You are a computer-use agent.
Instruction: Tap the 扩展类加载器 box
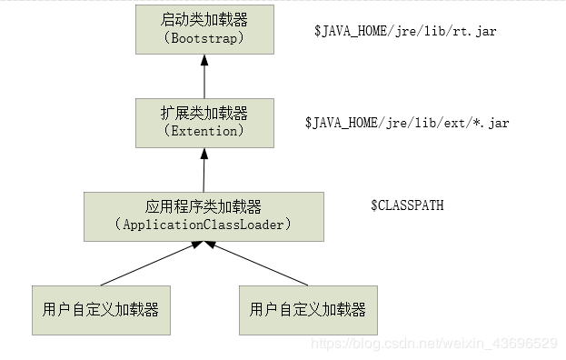204,121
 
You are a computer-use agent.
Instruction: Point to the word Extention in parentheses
204,131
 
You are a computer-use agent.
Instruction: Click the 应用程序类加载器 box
203,215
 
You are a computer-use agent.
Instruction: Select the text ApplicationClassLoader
204,225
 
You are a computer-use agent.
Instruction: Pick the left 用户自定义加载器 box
101,311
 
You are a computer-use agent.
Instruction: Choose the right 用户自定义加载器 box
307,311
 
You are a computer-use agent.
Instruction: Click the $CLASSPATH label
407,205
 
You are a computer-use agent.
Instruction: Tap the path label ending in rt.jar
405,31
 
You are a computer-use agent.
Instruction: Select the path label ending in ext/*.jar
406,122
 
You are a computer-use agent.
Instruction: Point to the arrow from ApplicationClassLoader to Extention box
204,170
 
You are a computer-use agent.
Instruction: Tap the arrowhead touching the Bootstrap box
204,59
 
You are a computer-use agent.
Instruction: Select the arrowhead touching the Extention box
204,154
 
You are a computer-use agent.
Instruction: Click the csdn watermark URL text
434,343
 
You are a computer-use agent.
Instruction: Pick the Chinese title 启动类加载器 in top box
204,18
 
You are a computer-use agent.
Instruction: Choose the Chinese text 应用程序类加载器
203,206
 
